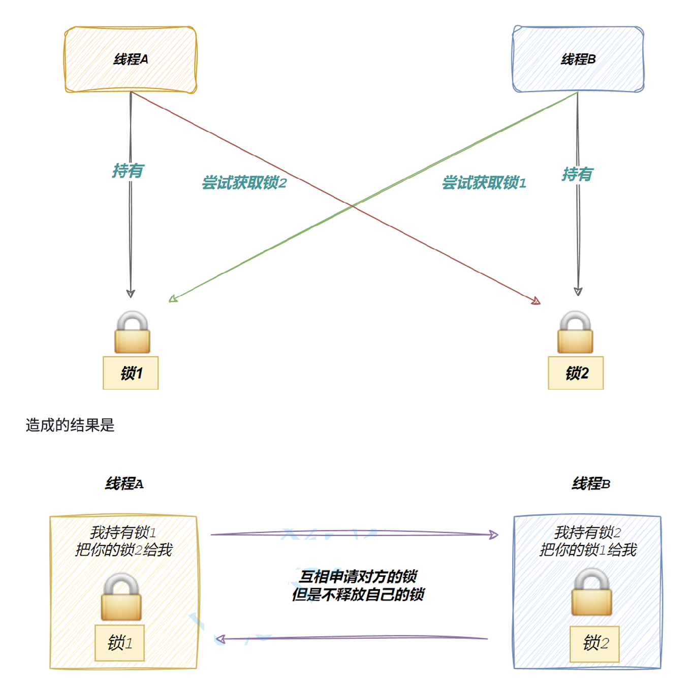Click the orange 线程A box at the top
coord(131,59)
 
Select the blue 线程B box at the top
coord(578,59)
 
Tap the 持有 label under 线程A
coord(128,171)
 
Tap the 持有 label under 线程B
coord(577,174)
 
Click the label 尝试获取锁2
coord(244,183)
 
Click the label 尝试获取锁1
coord(484,183)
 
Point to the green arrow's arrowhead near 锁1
coord(173,299)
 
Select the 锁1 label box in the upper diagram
coord(131,373)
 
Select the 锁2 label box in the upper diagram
coord(576,373)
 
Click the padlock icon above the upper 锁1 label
coord(132,333)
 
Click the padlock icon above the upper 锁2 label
coord(575,333)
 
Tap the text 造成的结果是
coord(70,425)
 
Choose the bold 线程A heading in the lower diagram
coord(124,484)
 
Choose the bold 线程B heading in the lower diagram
coord(591,484)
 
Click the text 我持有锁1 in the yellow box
coord(123,532)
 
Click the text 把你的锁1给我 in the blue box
coord(588,550)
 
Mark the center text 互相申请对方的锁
coord(358,577)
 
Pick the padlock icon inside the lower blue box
coord(591,592)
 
